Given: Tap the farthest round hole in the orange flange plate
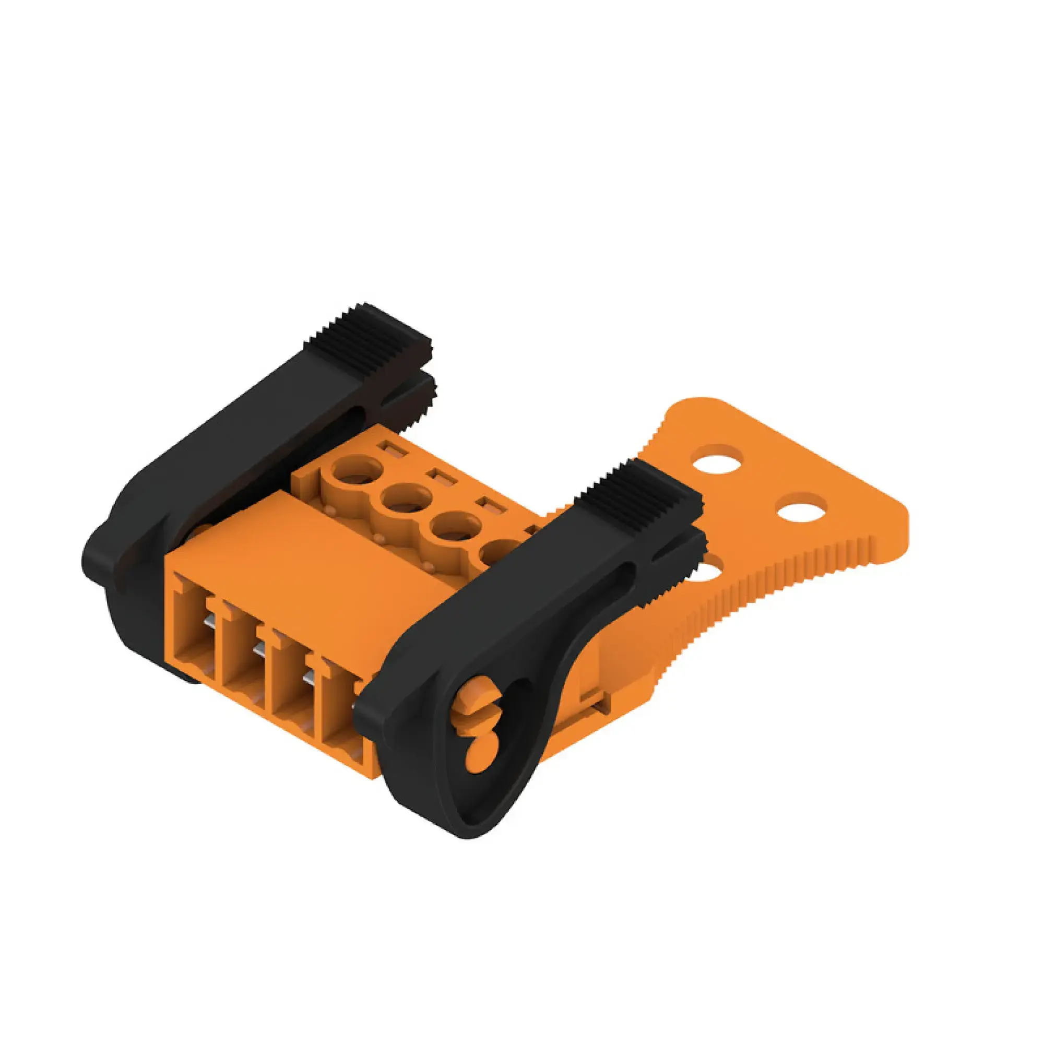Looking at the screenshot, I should [x=718, y=459].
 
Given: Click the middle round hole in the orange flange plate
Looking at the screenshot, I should [x=801, y=508].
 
